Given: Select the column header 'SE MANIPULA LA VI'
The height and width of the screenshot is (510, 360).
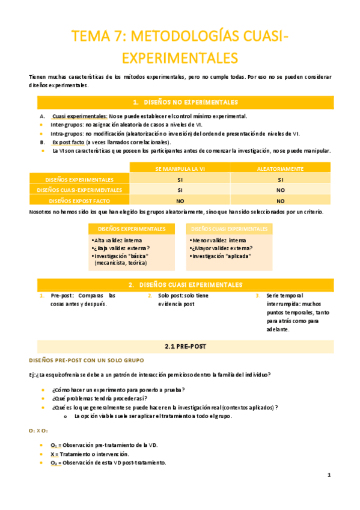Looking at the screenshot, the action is click(x=180, y=169).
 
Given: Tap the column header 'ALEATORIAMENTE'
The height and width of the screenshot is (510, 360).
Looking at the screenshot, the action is click(x=280, y=169).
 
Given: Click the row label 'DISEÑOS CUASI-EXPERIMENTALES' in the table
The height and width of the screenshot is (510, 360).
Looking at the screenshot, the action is click(x=79, y=190).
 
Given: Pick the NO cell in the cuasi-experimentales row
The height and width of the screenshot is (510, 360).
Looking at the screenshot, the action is click(x=280, y=190).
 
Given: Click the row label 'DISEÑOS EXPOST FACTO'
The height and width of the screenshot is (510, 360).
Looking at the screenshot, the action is click(x=79, y=201).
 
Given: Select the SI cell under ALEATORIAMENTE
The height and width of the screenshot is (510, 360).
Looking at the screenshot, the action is click(x=280, y=179).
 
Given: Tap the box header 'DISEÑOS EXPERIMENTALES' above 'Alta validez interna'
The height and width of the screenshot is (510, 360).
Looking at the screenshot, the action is click(x=132, y=229).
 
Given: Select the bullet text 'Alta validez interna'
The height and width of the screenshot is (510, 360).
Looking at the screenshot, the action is click(x=119, y=241).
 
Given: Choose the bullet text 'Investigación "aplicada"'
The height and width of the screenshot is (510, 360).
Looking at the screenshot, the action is click(x=221, y=256).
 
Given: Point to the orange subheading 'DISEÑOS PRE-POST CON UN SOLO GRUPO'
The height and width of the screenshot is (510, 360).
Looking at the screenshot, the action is click(x=86, y=360).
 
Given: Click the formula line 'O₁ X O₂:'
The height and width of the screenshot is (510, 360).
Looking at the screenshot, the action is click(x=38, y=431).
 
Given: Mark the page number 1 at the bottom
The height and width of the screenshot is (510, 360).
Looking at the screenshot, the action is click(x=329, y=475).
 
